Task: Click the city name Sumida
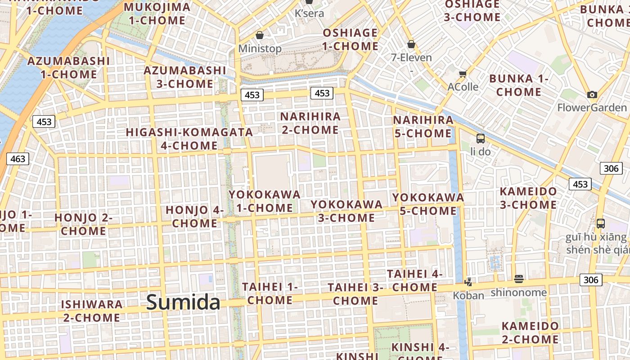pyautogui.click(x=183, y=302)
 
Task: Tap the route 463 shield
pyautogui.click(x=18, y=158)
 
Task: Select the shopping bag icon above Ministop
pyautogui.click(x=260, y=35)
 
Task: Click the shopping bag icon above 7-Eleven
pyautogui.click(x=411, y=44)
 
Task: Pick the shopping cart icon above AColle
pyautogui.click(x=463, y=74)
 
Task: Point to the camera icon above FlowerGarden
pyautogui.click(x=592, y=94)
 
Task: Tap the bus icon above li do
pyautogui.click(x=481, y=139)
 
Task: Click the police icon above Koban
pyautogui.click(x=468, y=282)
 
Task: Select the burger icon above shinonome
pyautogui.click(x=519, y=279)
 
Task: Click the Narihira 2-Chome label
pyautogui.click(x=310, y=123)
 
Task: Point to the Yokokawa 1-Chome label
pyautogui.click(x=265, y=201)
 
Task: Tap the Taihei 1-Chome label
pyautogui.click(x=270, y=293)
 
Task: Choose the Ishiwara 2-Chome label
pyautogui.click(x=92, y=311)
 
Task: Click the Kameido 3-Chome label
pyautogui.click(x=528, y=198)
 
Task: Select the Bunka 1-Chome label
pyautogui.click(x=519, y=85)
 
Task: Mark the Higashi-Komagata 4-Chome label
pyautogui.click(x=189, y=139)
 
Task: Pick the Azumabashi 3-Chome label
pyautogui.click(x=185, y=77)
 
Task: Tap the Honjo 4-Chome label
pyautogui.click(x=195, y=216)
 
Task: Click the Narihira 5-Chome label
pyautogui.click(x=423, y=126)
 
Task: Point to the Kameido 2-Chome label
pyautogui.click(x=530, y=333)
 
